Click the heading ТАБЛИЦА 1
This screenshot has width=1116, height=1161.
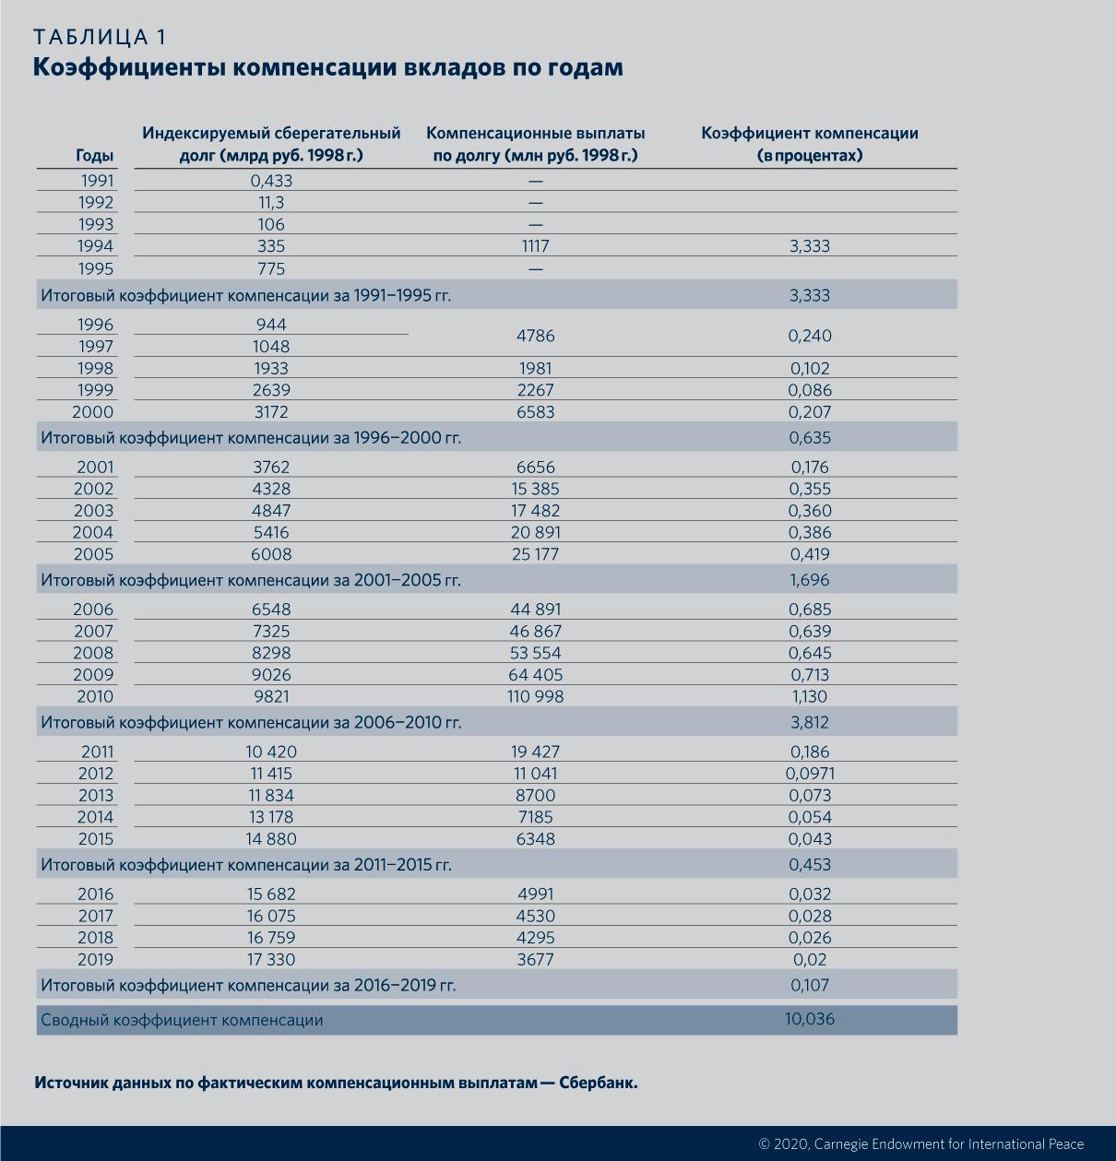click(100, 37)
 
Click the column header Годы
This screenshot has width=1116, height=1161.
click(94, 156)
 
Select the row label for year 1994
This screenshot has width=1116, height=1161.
click(96, 246)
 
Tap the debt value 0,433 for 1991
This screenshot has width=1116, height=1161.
click(271, 181)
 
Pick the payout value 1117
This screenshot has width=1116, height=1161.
click(535, 246)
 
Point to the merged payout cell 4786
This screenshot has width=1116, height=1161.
click(535, 336)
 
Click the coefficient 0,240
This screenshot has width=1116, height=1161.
click(810, 336)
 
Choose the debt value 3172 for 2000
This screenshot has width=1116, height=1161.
click(271, 412)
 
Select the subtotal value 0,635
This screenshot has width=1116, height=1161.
click(810, 438)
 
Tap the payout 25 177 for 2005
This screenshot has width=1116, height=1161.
click(535, 554)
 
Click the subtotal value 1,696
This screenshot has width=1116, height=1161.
click(810, 580)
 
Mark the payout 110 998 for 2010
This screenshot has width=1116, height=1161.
click(535, 696)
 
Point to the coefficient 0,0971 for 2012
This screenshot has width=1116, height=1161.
click(810, 774)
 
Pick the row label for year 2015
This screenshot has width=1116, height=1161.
click(96, 839)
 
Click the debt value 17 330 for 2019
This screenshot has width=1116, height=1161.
click(271, 959)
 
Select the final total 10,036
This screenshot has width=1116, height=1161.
click(810, 1019)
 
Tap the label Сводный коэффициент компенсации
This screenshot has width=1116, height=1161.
click(182, 1020)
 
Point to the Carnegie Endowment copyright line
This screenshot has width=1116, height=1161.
click(920, 1143)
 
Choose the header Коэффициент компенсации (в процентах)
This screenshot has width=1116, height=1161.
click(810, 144)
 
